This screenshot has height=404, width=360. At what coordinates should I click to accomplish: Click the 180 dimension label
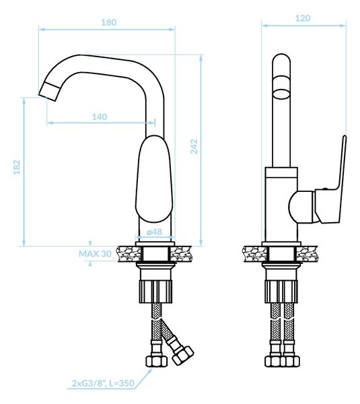pyautogui.click(x=108, y=22)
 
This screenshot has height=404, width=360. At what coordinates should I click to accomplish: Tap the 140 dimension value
pyautogui.click(x=100, y=117)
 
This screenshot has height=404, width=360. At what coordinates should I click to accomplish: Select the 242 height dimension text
pyautogui.click(x=194, y=147)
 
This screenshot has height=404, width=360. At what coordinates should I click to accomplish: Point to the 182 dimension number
pyautogui.click(x=17, y=167)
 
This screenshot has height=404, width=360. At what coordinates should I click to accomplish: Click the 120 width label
pyautogui.click(x=303, y=18)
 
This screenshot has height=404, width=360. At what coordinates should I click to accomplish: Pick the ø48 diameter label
pyautogui.click(x=154, y=232)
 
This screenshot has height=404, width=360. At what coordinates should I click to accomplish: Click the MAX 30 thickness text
pyautogui.click(x=95, y=254)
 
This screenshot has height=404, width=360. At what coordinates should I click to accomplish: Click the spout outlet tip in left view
pyautogui.click(x=48, y=92)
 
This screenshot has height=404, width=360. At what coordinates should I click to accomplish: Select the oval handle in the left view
pyautogui.click(x=154, y=179)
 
